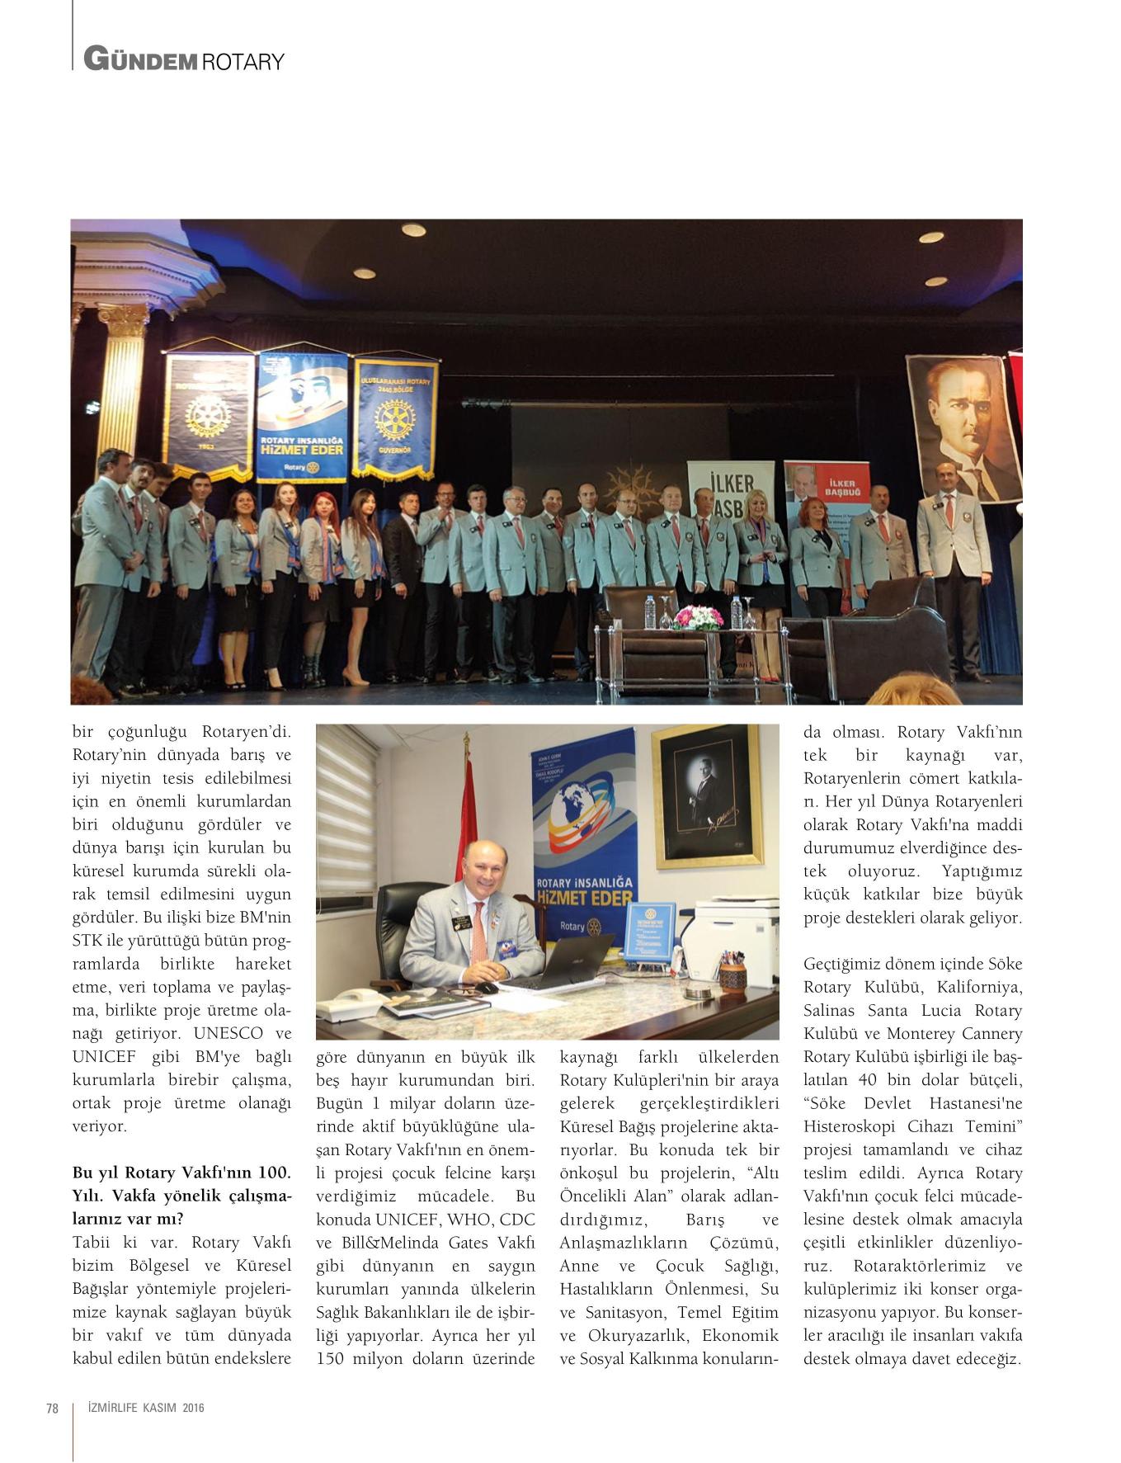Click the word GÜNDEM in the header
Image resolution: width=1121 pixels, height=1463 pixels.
[x=139, y=59]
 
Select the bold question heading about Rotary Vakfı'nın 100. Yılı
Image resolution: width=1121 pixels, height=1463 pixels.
[x=181, y=1196]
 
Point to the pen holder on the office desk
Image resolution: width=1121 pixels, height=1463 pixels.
[x=732, y=975]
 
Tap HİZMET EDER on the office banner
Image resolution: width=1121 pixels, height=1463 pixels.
[x=584, y=897]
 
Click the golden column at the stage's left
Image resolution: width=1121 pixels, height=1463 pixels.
[x=125, y=388]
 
